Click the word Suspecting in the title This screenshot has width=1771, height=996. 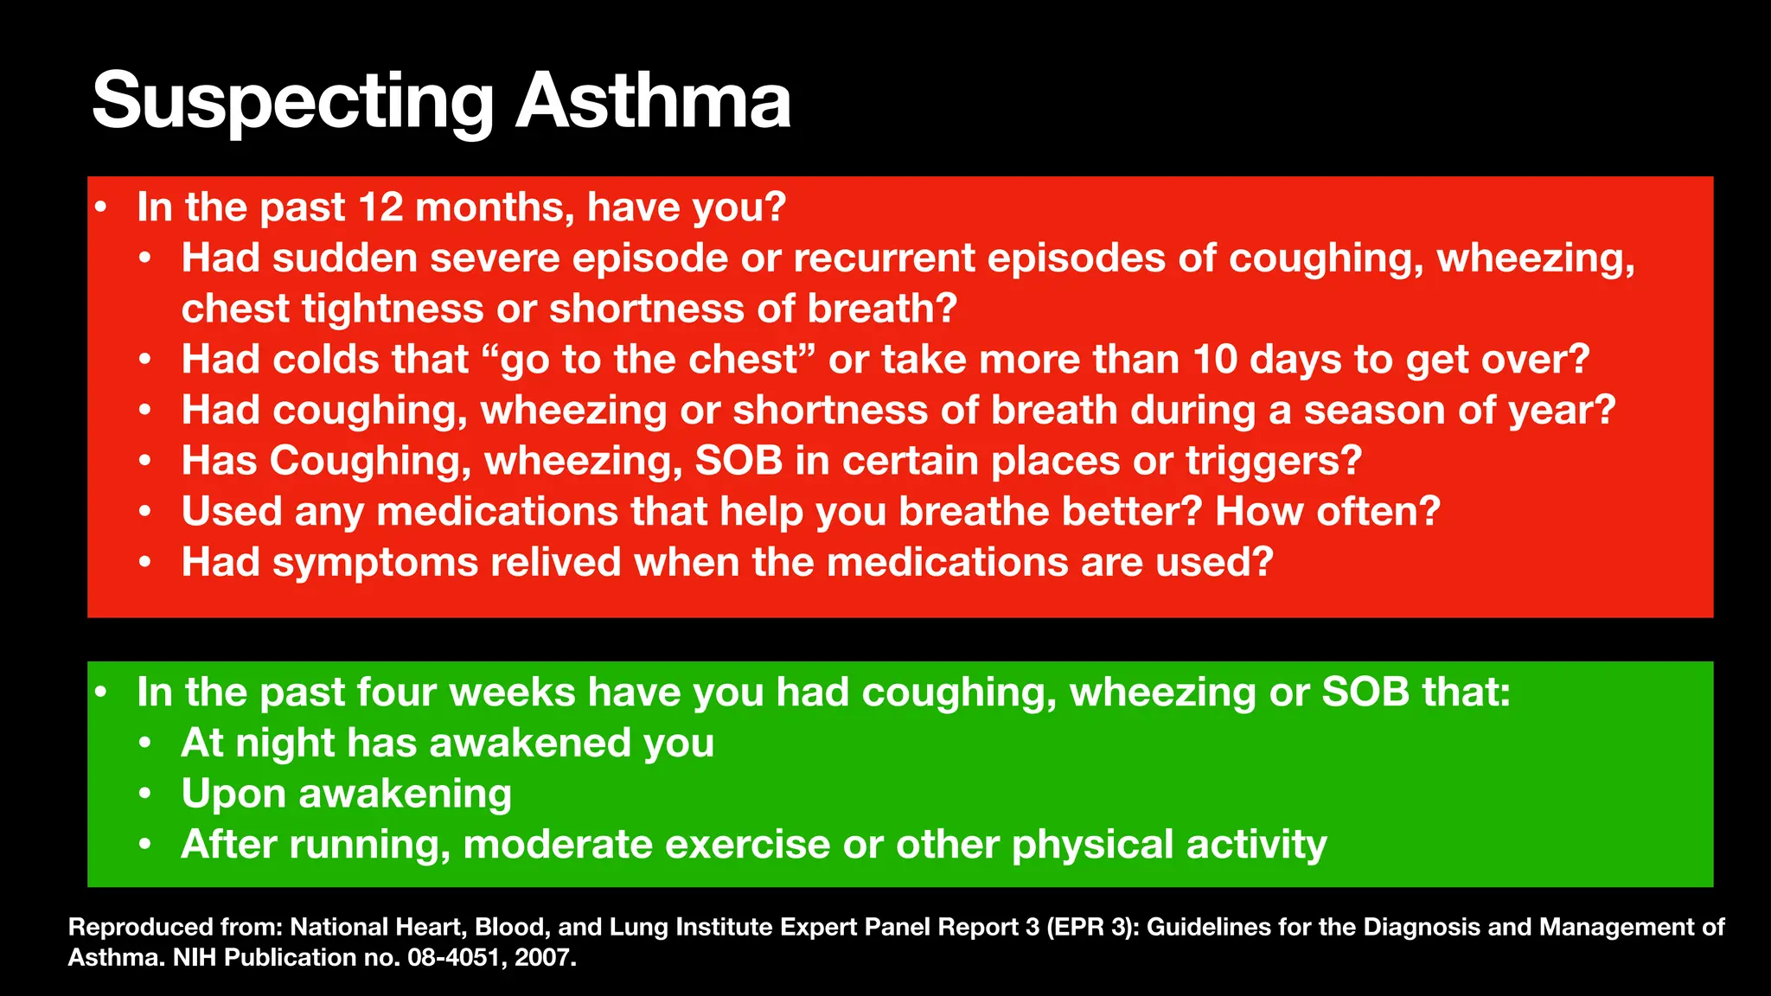tap(292, 102)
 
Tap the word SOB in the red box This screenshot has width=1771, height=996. tap(738, 461)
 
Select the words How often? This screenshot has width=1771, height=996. tap(1327, 512)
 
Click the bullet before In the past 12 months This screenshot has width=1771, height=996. tap(101, 207)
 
